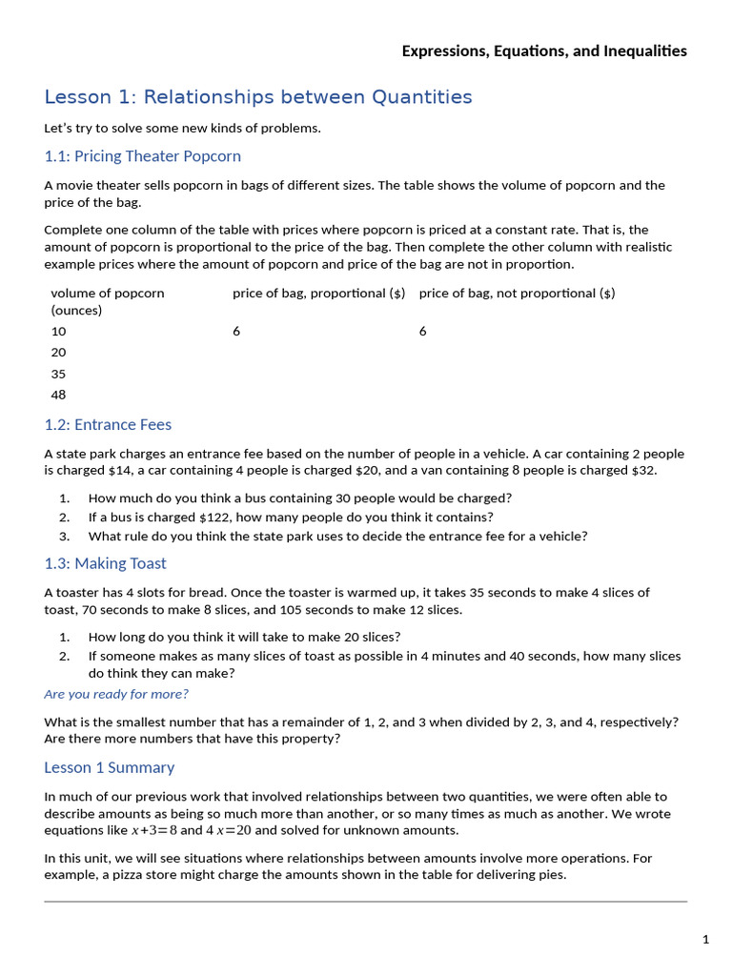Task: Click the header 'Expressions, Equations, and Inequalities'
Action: pos(543,51)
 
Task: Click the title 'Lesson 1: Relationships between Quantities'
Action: pos(257,97)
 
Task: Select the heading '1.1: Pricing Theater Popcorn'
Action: pos(142,156)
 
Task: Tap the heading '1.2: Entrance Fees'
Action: pos(108,425)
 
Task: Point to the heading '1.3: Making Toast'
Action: pos(105,564)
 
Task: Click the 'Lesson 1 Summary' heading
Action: pos(109,768)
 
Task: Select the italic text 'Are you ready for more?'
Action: pos(115,694)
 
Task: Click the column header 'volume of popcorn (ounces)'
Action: pos(107,301)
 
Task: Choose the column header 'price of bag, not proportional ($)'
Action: pos(517,294)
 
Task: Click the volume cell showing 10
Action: pos(58,332)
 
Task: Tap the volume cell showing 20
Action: pos(58,353)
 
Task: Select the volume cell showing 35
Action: pos(58,375)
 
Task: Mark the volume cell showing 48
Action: pos(58,396)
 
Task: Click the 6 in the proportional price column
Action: pos(236,332)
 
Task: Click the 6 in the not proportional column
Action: pos(422,332)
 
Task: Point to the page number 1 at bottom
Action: pos(705,940)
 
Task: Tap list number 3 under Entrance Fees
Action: pos(64,537)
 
